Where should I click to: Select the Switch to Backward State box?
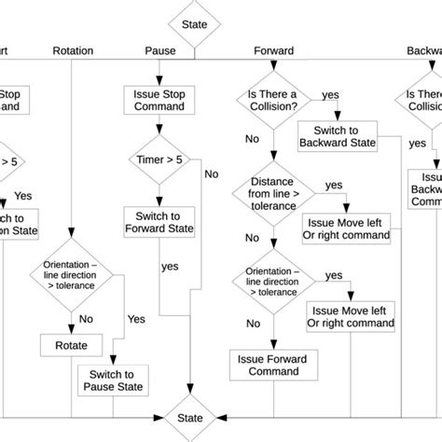[338, 136]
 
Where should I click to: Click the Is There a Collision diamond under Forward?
[274, 101]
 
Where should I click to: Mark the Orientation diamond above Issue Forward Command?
[273, 283]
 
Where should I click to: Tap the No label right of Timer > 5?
[212, 173]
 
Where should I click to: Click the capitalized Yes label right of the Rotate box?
[136, 319]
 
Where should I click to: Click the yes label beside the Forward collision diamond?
[330, 95]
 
